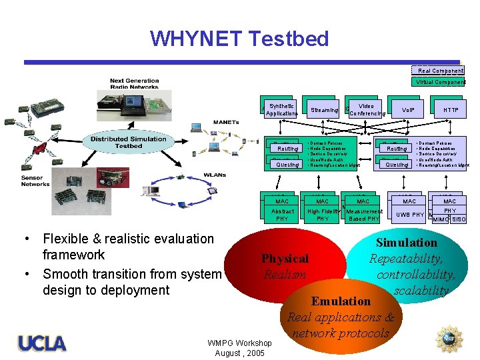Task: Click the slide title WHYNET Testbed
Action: (239, 39)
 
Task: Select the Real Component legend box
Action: (439, 71)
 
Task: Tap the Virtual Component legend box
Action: (439, 82)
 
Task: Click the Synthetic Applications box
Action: (281, 109)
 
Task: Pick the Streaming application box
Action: (324, 110)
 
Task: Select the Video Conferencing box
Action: (365, 109)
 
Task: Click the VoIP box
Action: (405, 110)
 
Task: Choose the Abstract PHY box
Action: (282, 215)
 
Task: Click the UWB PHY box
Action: (409, 215)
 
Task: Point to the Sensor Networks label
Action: (35, 182)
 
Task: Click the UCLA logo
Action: (42, 343)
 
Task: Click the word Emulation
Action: (341, 301)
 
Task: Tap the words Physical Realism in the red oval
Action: (285, 267)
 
